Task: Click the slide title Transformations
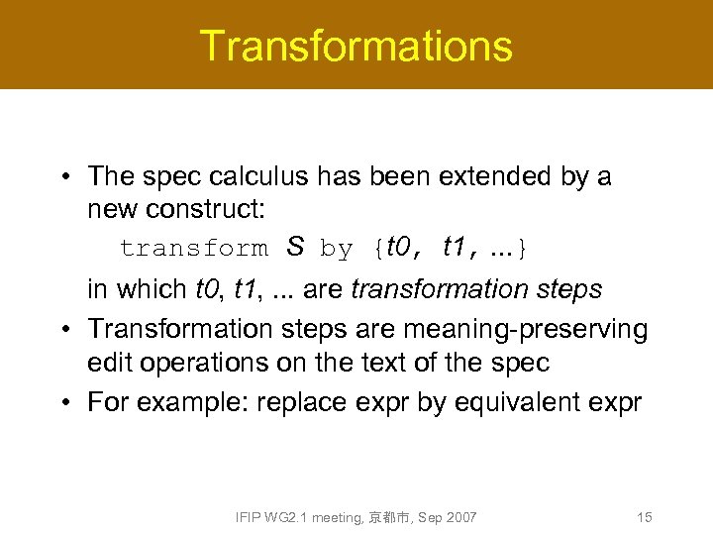tap(356, 46)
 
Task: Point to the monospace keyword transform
tap(192, 249)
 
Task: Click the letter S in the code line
tap(294, 247)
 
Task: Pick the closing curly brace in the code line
tap(524, 249)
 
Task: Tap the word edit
tap(111, 363)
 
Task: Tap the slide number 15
tap(644, 517)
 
